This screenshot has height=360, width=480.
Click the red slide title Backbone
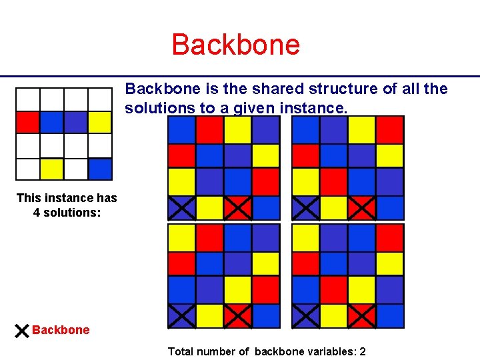pyautogui.click(x=236, y=45)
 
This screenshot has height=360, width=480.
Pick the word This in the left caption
pyautogui.click(x=30, y=198)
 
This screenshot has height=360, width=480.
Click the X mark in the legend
pyautogui.click(x=21, y=330)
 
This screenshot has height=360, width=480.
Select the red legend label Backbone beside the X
pyautogui.click(x=61, y=330)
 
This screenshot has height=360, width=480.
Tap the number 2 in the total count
pyautogui.click(x=362, y=351)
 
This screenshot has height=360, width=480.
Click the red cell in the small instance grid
pyautogui.click(x=27, y=122)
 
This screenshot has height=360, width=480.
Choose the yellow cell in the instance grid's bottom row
pyautogui.click(x=51, y=169)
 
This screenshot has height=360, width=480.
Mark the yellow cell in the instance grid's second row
pyautogui.click(x=100, y=122)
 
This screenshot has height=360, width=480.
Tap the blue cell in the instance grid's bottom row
pyautogui.click(x=100, y=169)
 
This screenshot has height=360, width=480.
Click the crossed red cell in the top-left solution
pyautogui.click(x=237, y=207)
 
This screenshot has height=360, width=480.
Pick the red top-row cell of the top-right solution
pyautogui.click(x=390, y=129)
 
